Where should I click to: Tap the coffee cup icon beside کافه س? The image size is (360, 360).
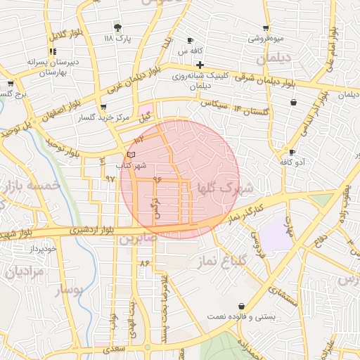click(190, 40)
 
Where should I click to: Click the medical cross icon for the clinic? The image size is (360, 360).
click(200, 65)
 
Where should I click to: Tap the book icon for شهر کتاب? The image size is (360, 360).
click(131, 154)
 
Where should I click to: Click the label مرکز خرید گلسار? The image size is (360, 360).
click(105, 117)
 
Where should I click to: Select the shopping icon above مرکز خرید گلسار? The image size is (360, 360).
click(104, 107)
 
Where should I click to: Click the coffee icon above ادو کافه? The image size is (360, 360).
click(292, 152)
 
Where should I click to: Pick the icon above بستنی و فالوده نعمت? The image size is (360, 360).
click(242, 307)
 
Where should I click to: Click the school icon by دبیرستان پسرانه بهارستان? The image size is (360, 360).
click(53, 51)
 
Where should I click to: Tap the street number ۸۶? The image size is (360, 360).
click(146, 262)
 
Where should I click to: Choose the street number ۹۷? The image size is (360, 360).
click(110, 179)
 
